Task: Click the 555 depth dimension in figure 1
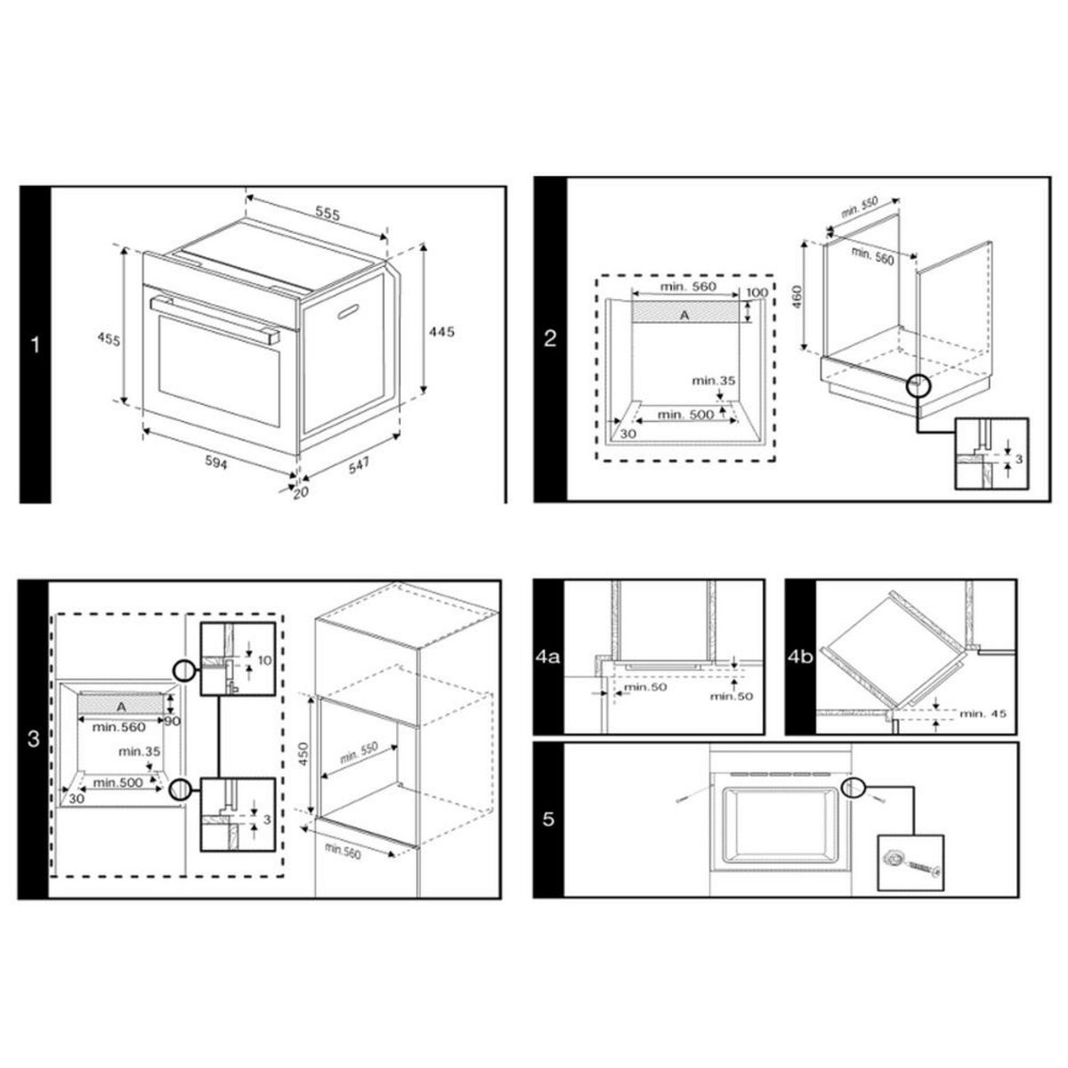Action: [x=328, y=214]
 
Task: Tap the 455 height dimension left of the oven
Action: [x=106, y=339]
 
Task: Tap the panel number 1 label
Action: [x=36, y=344]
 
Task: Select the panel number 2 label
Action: [x=549, y=338]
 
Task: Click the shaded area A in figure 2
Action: [x=684, y=314]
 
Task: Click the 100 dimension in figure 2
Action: [x=756, y=293]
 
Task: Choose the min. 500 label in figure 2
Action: [x=685, y=415]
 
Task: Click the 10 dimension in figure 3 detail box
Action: [x=263, y=659]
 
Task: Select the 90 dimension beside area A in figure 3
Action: [x=172, y=721]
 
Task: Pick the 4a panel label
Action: [x=548, y=658]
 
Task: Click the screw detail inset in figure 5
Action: [x=910, y=862]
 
